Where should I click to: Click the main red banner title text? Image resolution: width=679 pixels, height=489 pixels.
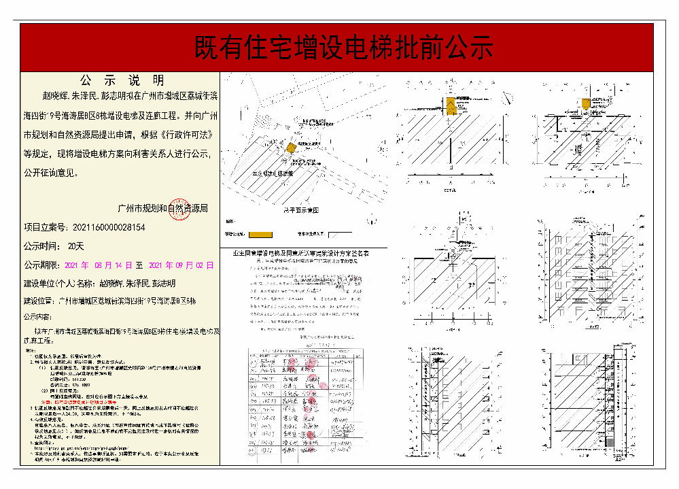pos(343,48)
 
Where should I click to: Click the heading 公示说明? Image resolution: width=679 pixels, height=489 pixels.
pos(121,80)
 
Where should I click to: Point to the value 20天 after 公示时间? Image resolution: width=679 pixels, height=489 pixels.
pos(76,246)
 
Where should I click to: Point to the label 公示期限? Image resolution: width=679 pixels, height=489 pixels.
pos(41,265)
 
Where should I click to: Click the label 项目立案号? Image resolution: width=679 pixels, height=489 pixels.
pos(45,228)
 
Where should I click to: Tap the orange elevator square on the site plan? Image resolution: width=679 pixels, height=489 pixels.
pos(290,148)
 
